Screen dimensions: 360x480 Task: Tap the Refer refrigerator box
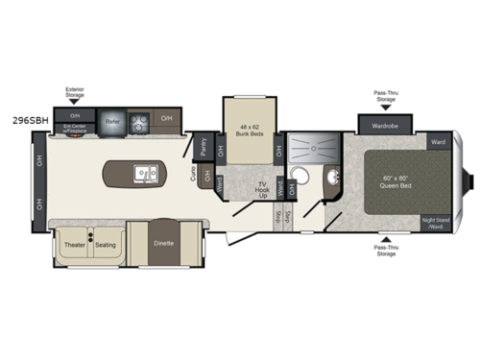112,122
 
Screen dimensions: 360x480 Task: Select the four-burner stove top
140,122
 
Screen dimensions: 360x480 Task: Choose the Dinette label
163,244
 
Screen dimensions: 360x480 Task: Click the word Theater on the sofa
76,244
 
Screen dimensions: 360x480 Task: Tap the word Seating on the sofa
106,244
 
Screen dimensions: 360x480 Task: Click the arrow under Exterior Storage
75,105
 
